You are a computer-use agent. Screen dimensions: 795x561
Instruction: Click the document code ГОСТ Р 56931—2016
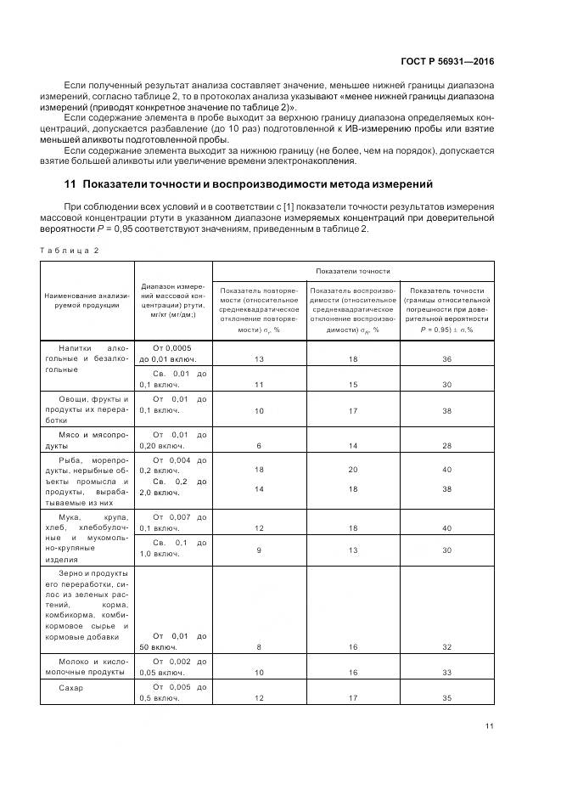coord(448,61)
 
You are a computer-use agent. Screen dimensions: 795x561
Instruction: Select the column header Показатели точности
coord(352,271)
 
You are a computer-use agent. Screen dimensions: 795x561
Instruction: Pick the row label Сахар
coord(71,687)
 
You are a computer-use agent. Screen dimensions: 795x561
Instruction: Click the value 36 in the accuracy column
coord(446,359)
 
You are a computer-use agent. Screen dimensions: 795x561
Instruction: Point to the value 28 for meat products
coord(446,445)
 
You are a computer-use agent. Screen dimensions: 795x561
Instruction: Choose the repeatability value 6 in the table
coord(259,445)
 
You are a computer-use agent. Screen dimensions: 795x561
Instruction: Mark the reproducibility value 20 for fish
coord(352,469)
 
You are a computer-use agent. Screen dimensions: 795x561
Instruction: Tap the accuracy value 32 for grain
coord(446,647)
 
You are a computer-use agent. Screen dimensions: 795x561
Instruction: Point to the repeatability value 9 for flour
coord(259,549)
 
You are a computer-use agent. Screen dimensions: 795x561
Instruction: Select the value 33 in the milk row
coord(446,672)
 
